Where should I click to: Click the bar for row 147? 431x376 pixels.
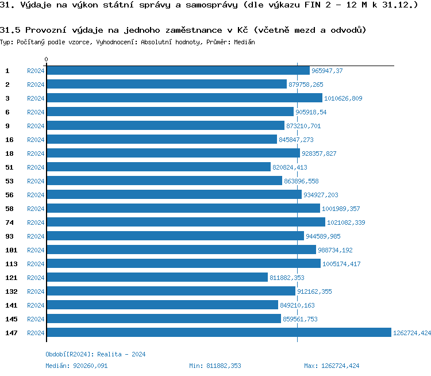click(x=218, y=333)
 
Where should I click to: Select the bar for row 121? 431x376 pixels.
click(x=157, y=278)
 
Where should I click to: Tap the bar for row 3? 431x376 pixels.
click(x=184, y=98)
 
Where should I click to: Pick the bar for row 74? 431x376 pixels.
click(x=186, y=222)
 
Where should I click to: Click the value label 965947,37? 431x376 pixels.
click(x=327, y=71)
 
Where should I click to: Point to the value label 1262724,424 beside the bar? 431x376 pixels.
click(x=411, y=333)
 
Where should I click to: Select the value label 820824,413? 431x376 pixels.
click(x=290, y=167)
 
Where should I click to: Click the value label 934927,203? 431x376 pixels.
click(x=321, y=195)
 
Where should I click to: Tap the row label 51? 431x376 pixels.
click(x=9, y=167)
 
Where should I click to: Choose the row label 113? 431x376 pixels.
click(x=11, y=264)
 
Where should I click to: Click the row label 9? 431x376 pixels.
click(x=7, y=126)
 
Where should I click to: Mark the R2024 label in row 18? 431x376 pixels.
click(x=36, y=154)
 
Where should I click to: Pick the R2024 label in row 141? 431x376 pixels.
click(x=36, y=305)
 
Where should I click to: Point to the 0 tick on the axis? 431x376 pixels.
click(x=47, y=60)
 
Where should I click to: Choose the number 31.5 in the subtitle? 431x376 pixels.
click(x=10, y=30)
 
